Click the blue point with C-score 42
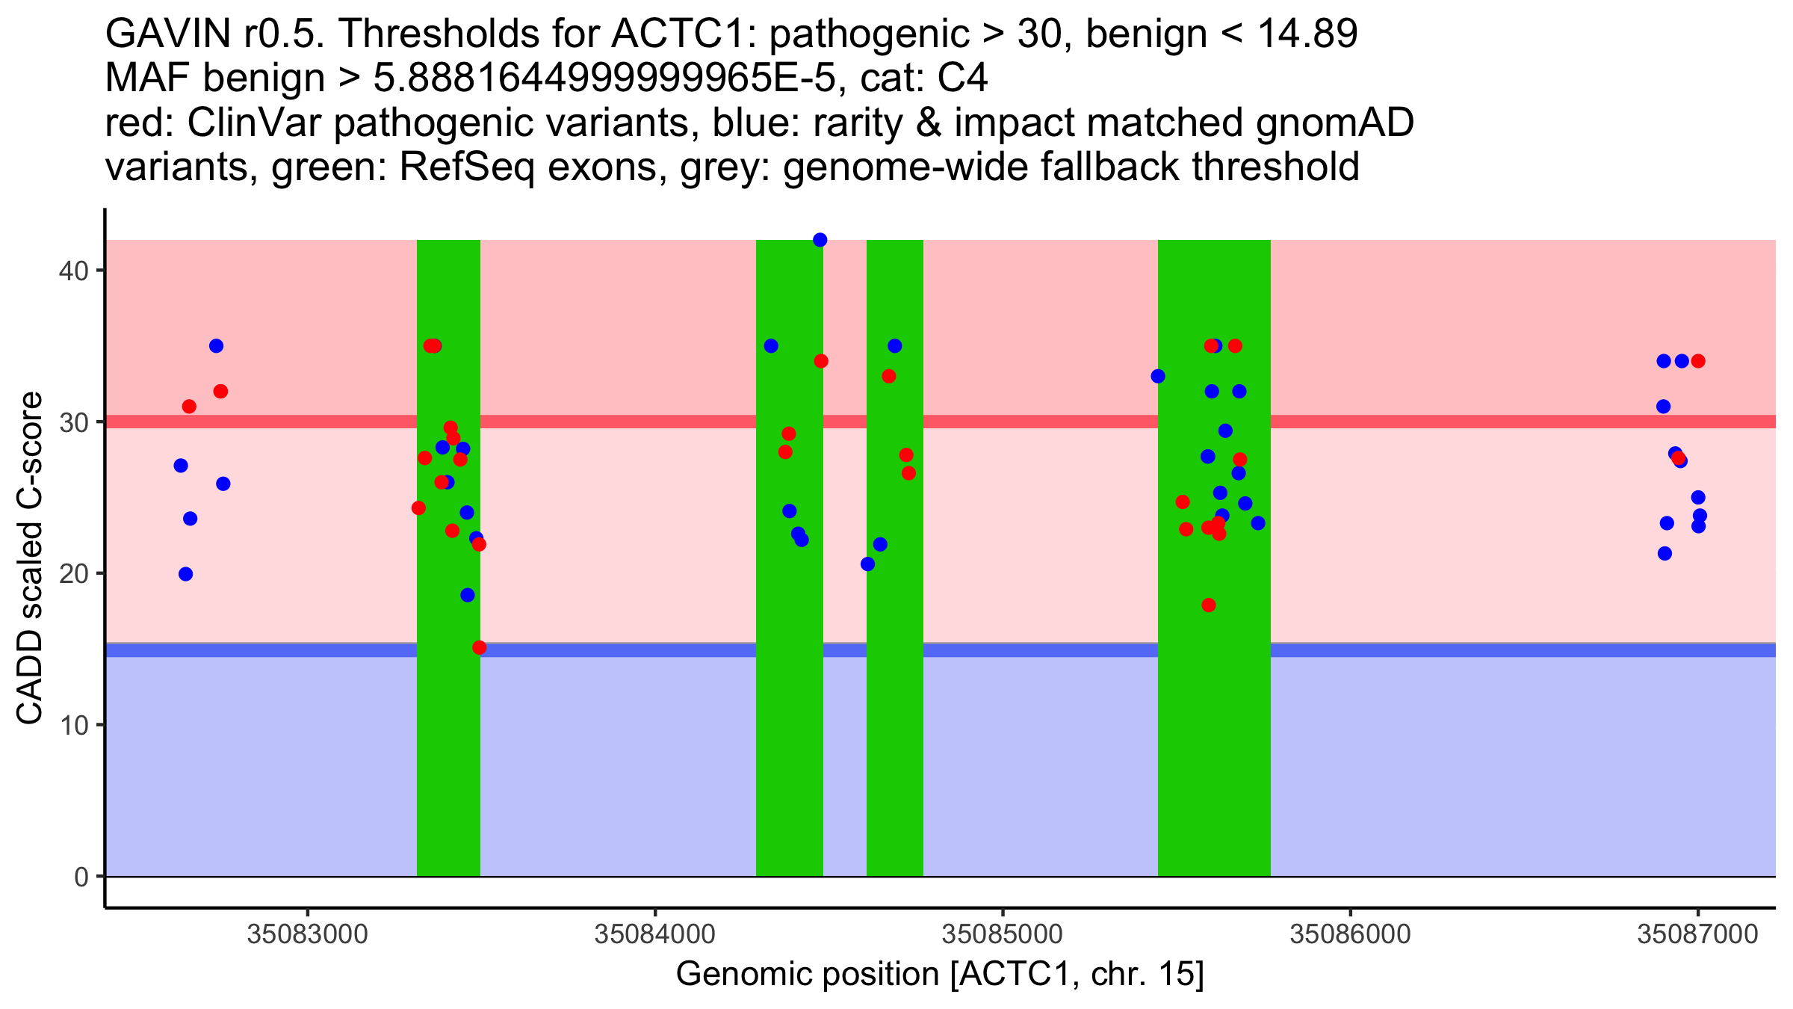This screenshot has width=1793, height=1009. pyautogui.click(x=820, y=240)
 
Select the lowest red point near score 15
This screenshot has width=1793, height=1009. pyautogui.click(x=479, y=647)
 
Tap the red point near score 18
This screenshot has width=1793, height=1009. pyautogui.click(x=1209, y=605)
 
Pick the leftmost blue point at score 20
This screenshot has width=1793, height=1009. pyautogui.click(x=185, y=574)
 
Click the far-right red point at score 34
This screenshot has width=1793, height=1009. pyautogui.click(x=1698, y=361)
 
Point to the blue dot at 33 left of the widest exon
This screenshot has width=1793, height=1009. pyautogui.click(x=1158, y=376)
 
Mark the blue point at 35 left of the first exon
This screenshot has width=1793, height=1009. pyautogui.click(x=216, y=346)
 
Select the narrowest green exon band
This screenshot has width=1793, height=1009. pyautogui.click(x=894, y=747)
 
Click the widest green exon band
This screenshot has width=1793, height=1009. pyautogui.click(x=1214, y=747)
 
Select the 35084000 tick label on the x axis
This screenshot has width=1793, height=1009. pyautogui.click(x=654, y=935)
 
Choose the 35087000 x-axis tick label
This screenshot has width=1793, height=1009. pyautogui.click(x=1697, y=935)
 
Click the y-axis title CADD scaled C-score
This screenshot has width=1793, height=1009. pyautogui.click(x=30, y=558)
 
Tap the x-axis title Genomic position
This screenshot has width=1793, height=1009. pyautogui.click(x=939, y=975)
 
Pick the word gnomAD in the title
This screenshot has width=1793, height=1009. pyautogui.click(x=1334, y=123)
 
